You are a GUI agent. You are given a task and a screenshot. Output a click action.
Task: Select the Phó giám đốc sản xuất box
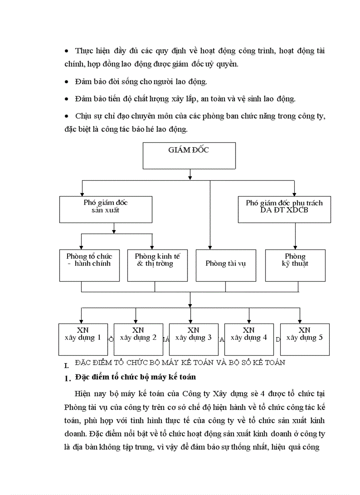click(x=106, y=209)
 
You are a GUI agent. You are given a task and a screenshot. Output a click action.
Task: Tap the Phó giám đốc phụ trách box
click(x=284, y=209)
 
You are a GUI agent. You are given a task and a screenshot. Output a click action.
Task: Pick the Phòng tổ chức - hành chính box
click(x=90, y=265)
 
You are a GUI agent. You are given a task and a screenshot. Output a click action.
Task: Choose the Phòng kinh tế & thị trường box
click(x=157, y=265)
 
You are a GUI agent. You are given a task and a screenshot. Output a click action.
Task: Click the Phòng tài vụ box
click(x=226, y=265)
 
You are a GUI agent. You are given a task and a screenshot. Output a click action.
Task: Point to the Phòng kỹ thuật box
click(x=295, y=265)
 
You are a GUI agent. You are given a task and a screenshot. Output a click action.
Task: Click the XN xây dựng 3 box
click(x=193, y=339)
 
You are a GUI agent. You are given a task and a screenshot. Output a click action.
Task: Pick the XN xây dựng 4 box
click(x=249, y=339)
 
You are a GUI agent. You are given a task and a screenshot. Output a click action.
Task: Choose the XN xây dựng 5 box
click(x=304, y=339)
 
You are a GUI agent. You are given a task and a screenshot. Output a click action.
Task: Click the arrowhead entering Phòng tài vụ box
click(x=210, y=248)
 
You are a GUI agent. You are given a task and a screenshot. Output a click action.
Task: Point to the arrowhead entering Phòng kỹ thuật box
click(x=295, y=248)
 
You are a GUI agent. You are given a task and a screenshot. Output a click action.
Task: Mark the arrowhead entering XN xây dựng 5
click(x=300, y=321)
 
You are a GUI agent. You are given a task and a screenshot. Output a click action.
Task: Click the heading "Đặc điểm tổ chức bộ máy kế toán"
click(x=135, y=377)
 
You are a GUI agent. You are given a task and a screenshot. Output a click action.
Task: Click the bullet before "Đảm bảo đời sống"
click(x=66, y=82)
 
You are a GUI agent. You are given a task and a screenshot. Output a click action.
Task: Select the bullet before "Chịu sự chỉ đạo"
click(x=66, y=116)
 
